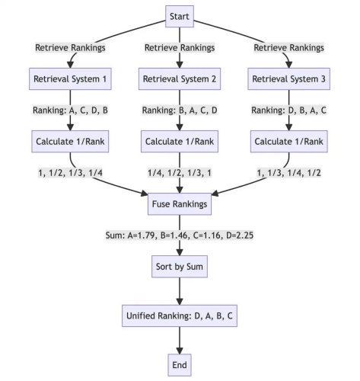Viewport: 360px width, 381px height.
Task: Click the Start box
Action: click(180, 16)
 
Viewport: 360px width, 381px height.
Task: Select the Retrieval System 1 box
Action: click(70, 78)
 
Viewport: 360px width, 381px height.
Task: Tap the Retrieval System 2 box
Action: click(180, 78)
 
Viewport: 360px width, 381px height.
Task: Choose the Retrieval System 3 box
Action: click(289, 78)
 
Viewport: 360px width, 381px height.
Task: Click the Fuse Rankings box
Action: click(180, 204)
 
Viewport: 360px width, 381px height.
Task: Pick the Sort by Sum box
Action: click(180, 267)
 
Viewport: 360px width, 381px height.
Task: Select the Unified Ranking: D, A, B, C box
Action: click(180, 315)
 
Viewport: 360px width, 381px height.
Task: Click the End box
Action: click(180, 365)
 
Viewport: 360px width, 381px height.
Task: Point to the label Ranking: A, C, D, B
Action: click(70, 110)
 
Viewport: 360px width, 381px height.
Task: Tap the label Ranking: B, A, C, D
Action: click(180, 110)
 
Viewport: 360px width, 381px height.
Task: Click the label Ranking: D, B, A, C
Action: click(289, 110)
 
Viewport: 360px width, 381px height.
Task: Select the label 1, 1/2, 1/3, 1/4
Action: click(70, 173)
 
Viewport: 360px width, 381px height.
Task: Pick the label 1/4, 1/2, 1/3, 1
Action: click(180, 173)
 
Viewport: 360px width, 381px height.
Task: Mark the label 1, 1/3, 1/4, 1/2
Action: click(289, 173)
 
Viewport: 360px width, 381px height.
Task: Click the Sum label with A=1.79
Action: click(180, 235)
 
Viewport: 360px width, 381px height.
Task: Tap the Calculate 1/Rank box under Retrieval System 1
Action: click(70, 142)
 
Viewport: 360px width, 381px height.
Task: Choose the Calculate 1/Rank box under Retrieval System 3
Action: click(289, 142)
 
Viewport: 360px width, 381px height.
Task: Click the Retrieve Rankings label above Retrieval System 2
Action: click(180, 48)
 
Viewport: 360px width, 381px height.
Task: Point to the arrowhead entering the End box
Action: click(180, 351)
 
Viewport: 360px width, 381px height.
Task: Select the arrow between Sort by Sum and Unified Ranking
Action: click(180, 291)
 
